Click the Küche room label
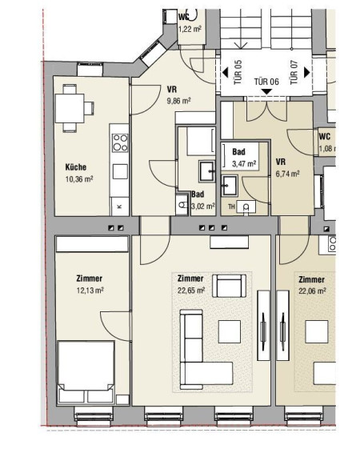[x=76, y=167]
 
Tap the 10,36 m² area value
[x=79, y=178]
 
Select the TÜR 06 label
[x=266, y=82]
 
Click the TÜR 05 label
[x=238, y=72]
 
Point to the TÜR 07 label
[x=294, y=72]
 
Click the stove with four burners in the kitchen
[x=120, y=142]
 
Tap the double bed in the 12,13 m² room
[x=86, y=372]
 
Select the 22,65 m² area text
[x=191, y=291]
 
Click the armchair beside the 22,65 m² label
[x=230, y=286]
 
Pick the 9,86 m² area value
[x=178, y=101]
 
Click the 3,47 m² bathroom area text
[x=244, y=163]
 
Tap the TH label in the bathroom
[x=231, y=206]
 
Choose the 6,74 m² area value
[x=288, y=174]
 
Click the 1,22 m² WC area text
[x=190, y=29]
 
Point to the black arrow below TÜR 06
[x=266, y=92]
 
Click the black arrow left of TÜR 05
[x=225, y=72]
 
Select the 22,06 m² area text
[x=312, y=291]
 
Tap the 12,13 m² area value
[x=90, y=291]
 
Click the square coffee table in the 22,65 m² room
[x=230, y=331]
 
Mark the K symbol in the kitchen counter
[x=119, y=206]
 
